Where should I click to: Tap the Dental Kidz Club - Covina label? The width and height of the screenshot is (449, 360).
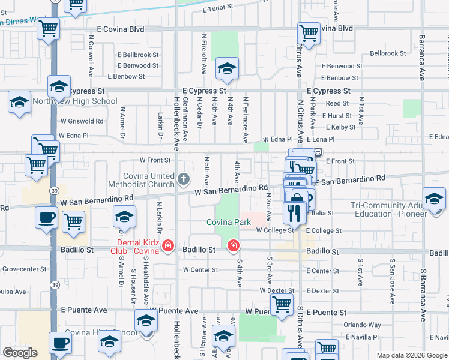[x=138, y=246]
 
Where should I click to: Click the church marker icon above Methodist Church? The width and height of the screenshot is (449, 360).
[x=184, y=178]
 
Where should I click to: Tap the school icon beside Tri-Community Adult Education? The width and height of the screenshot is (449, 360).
[x=434, y=198]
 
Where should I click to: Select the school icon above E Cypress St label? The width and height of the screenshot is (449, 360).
[x=228, y=70]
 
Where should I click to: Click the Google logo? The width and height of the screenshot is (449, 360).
[x=20, y=353]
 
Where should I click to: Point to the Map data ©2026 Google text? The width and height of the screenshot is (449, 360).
[x=411, y=355]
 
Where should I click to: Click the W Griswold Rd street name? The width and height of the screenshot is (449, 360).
[x=82, y=120]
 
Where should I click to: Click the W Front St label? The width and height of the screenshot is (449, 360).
[x=155, y=160]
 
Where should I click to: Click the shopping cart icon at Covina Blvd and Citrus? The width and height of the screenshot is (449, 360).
[x=309, y=33]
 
